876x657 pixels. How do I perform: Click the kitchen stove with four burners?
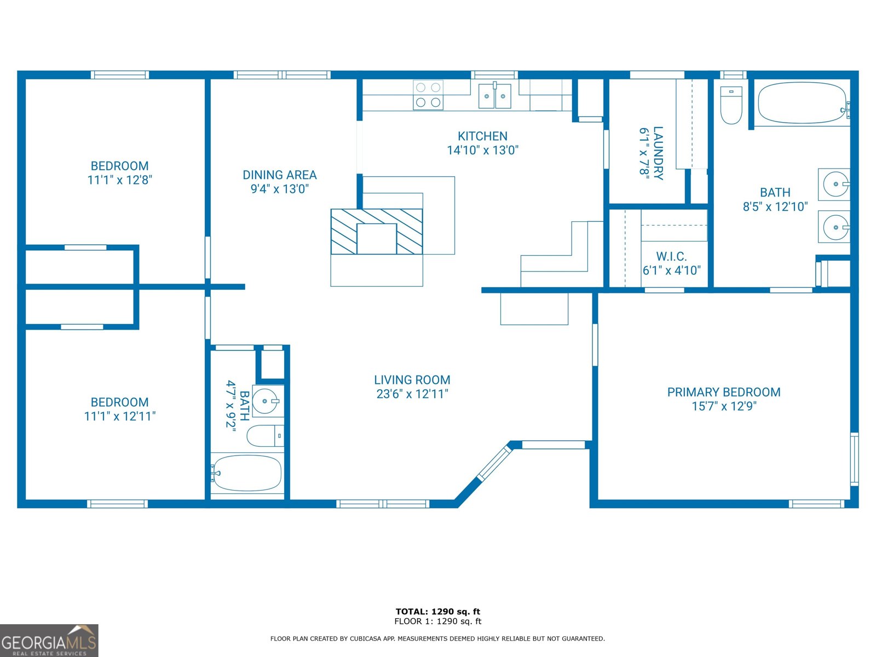pyautogui.click(x=428, y=95)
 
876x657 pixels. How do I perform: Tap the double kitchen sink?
pyautogui.click(x=495, y=96)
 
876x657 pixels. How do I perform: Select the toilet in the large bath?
pyautogui.click(x=731, y=105)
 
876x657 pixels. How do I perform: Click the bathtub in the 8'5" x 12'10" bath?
pyautogui.click(x=802, y=103)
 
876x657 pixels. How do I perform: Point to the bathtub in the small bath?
pyautogui.click(x=247, y=473)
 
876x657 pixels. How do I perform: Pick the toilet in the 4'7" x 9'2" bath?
pyautogui.click(x=265, y=436)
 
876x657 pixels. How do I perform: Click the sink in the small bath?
pyautogui.click(x=268, y=401)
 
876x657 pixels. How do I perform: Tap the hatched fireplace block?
pyautogui.click(x=377, y=231)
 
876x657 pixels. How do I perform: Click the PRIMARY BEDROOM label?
pyautogui.click(x=723, y=392)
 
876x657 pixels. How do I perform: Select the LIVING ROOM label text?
pyautogui.click(x=412, y=380)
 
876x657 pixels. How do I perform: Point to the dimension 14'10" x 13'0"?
pyautogui.click(x=482, y=150)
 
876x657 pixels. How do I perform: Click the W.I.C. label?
pyautogui.click(x=671, y=256)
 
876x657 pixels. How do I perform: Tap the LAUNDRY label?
pyautogui.click(x=658, y=153)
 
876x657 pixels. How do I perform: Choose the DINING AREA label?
pyautogui.click(x=279, y=175)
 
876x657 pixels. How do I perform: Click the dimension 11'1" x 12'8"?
pyautogui.click(x=119, y=180)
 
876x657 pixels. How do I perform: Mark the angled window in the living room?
pyautogui.click(x=494, y=463)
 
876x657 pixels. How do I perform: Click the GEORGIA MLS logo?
pyautogui.click(x=49, y=641)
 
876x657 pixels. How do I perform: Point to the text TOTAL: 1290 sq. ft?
pyautogui.click(x=437, y=612)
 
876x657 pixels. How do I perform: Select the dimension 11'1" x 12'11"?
pyautogui.click(x=119, y=416)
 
